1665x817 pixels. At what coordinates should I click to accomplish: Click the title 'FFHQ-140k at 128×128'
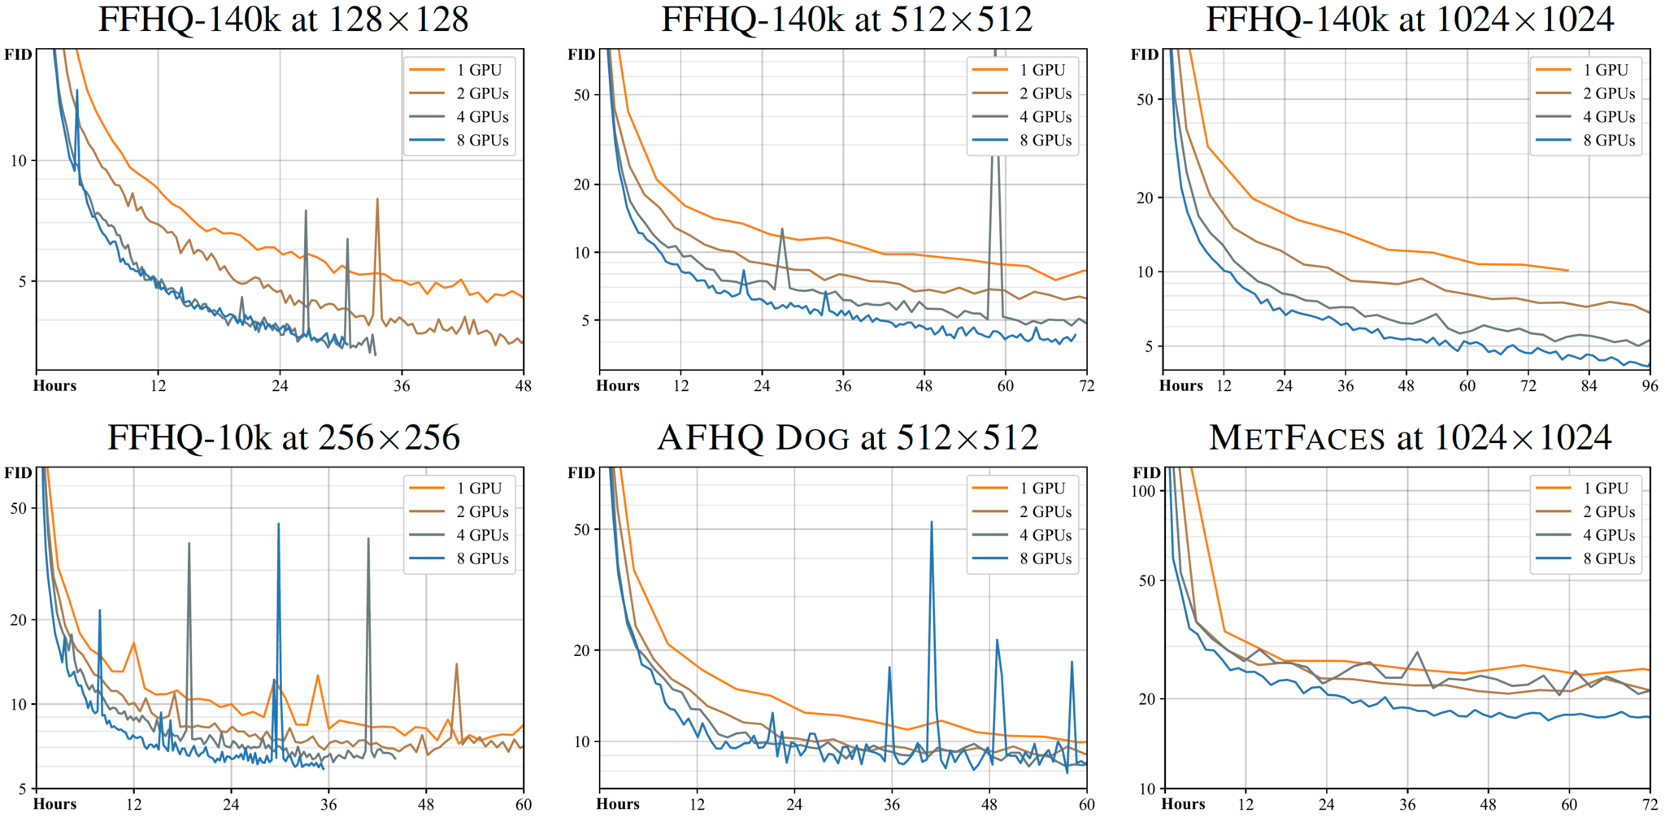point(283,20)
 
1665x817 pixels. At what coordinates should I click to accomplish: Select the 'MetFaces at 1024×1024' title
point(1410,438)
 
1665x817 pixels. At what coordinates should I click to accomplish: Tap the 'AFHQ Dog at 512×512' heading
point(847,438)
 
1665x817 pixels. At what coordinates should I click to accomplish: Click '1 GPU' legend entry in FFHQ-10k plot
point(478,489)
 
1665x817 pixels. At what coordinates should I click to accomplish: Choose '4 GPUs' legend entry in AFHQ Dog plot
point(1045,536)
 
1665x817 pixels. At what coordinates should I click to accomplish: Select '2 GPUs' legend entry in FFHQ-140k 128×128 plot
point(482,93)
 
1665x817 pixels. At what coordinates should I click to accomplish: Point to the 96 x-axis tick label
point(1650,386)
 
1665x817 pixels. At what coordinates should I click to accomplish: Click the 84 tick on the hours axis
point(1589,386)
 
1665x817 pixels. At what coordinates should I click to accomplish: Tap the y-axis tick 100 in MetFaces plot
point(1143,491)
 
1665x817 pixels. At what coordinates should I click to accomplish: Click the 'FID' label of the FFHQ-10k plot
point(18,473)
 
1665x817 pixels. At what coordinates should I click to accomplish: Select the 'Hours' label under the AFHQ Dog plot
point(618,804)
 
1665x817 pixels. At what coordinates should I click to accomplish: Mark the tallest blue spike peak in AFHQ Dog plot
point(932,522)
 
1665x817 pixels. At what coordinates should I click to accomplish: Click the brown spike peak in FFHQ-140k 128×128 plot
point(377,198)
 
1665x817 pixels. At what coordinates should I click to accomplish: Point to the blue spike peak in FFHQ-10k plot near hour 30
point(278,524)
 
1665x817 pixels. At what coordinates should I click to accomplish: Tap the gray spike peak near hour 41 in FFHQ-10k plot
point(368,538)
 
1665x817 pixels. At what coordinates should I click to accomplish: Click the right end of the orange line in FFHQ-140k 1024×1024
point(1567,271)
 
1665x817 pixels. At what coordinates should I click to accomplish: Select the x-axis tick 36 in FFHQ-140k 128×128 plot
point(402,386)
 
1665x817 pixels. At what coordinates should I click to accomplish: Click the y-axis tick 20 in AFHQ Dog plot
point(581,650)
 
